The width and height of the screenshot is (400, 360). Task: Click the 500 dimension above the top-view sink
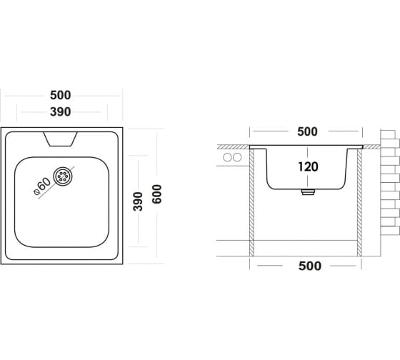60,96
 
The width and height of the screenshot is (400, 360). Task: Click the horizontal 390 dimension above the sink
60,111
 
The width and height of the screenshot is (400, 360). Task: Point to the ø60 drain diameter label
42,186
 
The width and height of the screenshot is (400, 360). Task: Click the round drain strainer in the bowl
63,176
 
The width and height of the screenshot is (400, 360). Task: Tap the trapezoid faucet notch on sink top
60,139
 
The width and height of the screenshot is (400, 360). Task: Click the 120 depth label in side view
308,166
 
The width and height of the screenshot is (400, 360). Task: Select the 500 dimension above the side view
307,131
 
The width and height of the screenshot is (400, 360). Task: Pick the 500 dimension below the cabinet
310,266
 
